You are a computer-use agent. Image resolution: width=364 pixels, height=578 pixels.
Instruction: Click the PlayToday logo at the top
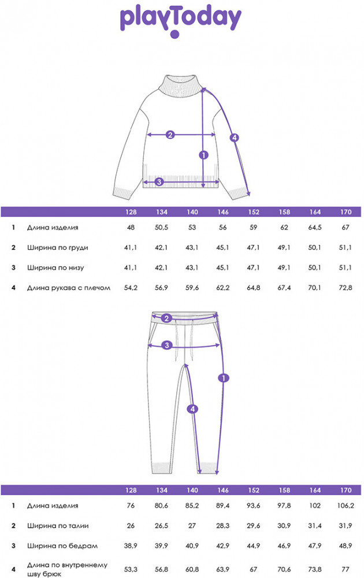coord(180,21)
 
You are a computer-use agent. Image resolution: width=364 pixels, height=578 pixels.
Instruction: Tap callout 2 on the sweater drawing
coord(170,135)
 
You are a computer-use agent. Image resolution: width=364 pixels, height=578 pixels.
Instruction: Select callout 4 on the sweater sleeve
coord(235,138)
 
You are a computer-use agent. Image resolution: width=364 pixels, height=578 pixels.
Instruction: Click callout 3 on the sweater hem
coord(159,181)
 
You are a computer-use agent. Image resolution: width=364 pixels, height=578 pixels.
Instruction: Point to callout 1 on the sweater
coord(204,155)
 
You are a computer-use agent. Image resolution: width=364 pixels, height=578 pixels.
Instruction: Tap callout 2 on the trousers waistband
coord(166,318)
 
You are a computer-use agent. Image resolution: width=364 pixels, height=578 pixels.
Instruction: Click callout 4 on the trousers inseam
coord(192,409)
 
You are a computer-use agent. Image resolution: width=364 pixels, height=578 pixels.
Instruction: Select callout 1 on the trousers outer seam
coord(224,378)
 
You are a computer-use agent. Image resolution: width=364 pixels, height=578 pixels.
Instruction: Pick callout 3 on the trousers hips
coord(167,346)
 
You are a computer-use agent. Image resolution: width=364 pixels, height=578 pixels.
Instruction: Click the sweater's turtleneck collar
coord(180,86)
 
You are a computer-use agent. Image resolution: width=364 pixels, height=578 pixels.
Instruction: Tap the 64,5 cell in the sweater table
coord(315,227)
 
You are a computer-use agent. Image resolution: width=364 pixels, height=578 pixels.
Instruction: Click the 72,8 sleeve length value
coord(346,287)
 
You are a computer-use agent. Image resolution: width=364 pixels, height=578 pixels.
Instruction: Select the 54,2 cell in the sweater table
coord(131,287)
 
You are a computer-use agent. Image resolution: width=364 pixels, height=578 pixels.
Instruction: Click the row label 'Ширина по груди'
coord(57,247)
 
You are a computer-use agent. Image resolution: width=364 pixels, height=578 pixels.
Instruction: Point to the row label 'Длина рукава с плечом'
coord(69,287)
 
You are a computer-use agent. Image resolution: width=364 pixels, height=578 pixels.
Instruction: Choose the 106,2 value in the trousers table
coord(346,506)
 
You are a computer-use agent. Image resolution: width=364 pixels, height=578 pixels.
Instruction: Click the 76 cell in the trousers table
coord(131,506)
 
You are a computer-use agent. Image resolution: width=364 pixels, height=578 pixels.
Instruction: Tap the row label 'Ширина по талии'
coord(58,525)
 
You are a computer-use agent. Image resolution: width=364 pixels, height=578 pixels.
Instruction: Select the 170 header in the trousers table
coord(346,490)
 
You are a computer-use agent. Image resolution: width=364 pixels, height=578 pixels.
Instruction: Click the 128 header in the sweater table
coord(131,212)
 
